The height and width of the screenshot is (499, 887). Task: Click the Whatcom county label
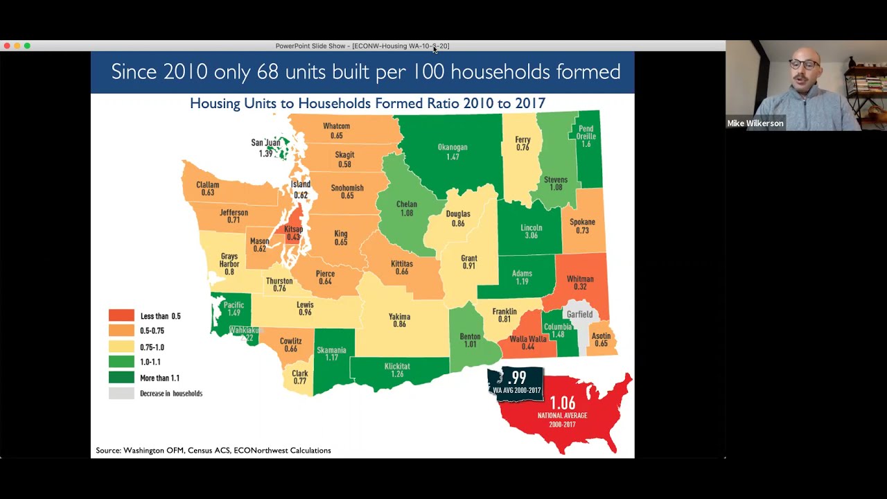[336, 126]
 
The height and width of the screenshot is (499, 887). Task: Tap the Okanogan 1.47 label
[453, 152]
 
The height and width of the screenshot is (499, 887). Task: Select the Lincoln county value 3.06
[531, 236]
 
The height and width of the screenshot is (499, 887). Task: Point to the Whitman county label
[580, 279]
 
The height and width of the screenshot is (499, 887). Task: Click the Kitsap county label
[293, 229]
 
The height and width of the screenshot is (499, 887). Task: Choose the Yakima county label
[399, 317]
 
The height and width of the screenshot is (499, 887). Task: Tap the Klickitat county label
[397, 367]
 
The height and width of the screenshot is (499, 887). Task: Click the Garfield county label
[579, 315]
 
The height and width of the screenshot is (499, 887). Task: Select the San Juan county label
[265, 143]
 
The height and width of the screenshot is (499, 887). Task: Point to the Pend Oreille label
[586, 132]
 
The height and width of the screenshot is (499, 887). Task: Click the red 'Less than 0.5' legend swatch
[121, 316]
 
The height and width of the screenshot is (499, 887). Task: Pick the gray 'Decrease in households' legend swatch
[121, 394]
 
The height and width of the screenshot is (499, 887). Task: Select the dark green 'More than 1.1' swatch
[121, 378]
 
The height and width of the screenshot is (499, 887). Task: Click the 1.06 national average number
[562, 403]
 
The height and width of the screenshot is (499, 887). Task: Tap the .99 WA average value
[517, 378]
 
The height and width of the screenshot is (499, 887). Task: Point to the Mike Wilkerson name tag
[755, 123]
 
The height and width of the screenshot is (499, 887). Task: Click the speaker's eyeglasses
[803, 64]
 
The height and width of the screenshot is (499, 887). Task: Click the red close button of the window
[7, 46]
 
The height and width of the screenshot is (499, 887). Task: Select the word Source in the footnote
[107, 450]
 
